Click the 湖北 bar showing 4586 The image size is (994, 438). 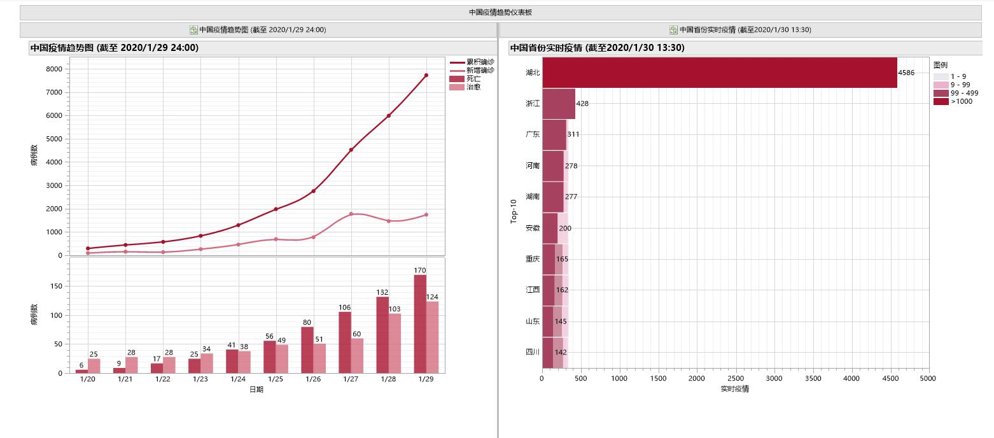719,73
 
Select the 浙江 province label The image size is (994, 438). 533,104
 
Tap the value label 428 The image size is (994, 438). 583,104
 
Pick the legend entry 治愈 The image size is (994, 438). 473,87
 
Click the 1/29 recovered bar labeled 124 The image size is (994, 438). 432,337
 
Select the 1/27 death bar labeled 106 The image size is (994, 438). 345,342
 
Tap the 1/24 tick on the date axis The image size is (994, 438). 238,379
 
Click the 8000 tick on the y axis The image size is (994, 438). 55,69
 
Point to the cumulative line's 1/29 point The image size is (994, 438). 426,75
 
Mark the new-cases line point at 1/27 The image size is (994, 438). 351,214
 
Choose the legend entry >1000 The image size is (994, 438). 961,101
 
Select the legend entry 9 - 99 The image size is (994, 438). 960,85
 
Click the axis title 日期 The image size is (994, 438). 256,390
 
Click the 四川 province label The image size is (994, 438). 533,352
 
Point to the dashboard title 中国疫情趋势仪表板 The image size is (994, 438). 500,12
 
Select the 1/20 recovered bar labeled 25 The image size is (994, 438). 94,365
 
